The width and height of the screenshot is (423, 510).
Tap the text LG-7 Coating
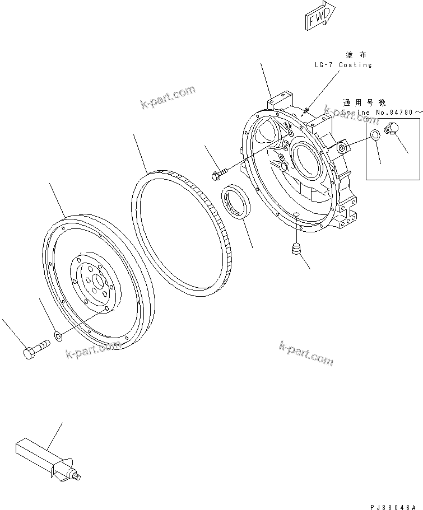coord(342,65)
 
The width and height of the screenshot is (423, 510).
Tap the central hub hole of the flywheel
coord(97,282)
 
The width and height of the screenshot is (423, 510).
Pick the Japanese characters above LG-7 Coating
coord(355,55)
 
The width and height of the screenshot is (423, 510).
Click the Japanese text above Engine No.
coord(364,103)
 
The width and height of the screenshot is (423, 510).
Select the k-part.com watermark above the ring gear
coord(168,96)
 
